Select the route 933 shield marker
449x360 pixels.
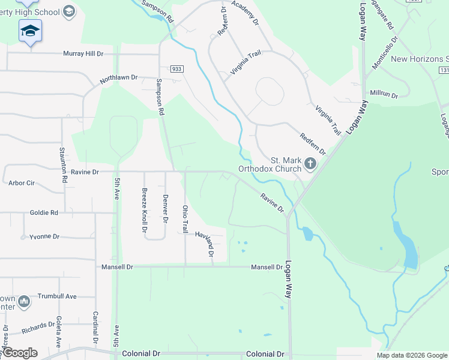(176, 69)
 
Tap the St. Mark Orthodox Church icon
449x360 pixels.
(310, 163)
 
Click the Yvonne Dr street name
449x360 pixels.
(44, 236)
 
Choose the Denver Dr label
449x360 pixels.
(166, 207)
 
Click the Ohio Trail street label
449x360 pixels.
(185, 219)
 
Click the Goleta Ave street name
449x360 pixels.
(59, 333)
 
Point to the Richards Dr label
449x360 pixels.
(38, 327)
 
